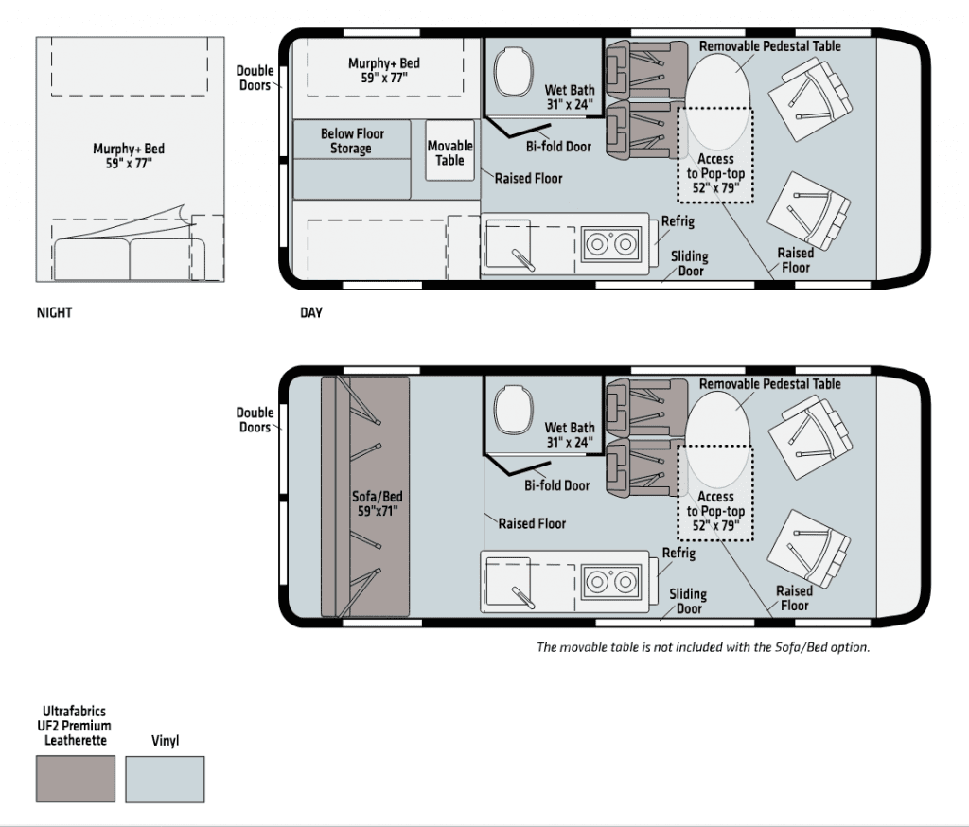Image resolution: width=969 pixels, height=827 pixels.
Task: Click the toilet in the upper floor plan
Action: [x=514, y=72]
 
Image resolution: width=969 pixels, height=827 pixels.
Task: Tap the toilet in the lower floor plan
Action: [x=514, y=409]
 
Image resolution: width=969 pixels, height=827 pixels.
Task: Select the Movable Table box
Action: [x=449, y=150]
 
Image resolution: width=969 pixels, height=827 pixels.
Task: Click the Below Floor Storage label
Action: [x=352, y=141]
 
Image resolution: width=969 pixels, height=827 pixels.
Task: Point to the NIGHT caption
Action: [x=54, y=313]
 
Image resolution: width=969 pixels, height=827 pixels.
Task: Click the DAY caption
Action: [x=311, y=313]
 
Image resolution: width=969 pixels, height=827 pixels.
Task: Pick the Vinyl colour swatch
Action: [x=165, y=780]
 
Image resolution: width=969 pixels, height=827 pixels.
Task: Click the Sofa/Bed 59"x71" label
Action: [x=377, y=503]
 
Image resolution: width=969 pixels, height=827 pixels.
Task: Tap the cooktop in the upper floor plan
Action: [x=610, y=244]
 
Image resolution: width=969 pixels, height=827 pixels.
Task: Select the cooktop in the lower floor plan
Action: [x=610, y=582]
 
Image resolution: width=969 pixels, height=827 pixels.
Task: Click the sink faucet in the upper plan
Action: [x=522, y=260]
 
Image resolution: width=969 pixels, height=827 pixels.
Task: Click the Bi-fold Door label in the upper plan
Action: [x=558, y=147]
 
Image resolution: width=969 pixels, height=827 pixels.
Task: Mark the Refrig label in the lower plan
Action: [x=678, y=554]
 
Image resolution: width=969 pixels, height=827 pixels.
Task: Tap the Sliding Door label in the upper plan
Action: [x=690, y=263]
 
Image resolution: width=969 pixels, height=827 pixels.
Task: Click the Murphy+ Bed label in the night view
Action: [x=129, y=156]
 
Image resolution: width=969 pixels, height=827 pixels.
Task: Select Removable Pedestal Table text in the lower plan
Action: [x=770, y=384]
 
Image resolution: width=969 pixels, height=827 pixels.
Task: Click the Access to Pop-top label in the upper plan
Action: [x=715, y=174]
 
